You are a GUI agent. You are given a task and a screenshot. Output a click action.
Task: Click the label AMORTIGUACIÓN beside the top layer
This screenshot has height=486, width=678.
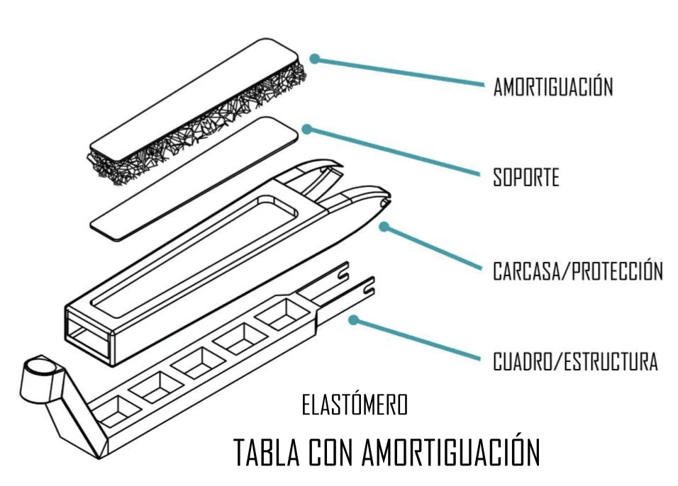click(x=553, y=87)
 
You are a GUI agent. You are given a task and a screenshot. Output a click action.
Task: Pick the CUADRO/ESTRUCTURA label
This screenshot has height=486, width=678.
click(x=575, y=361)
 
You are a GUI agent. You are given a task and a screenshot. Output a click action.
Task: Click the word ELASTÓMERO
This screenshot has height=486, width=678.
click(x=355, y=406)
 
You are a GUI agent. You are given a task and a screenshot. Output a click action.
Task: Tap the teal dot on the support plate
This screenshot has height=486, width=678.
click(x=306, y=128)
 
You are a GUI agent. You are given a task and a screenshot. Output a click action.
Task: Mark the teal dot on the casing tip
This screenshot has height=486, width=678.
click(x=384, y=227)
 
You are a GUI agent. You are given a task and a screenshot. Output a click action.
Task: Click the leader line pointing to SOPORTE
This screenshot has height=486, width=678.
click(x=397, y=152)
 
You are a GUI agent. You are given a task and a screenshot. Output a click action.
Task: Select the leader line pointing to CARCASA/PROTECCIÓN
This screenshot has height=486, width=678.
click(x=433, y=249)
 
